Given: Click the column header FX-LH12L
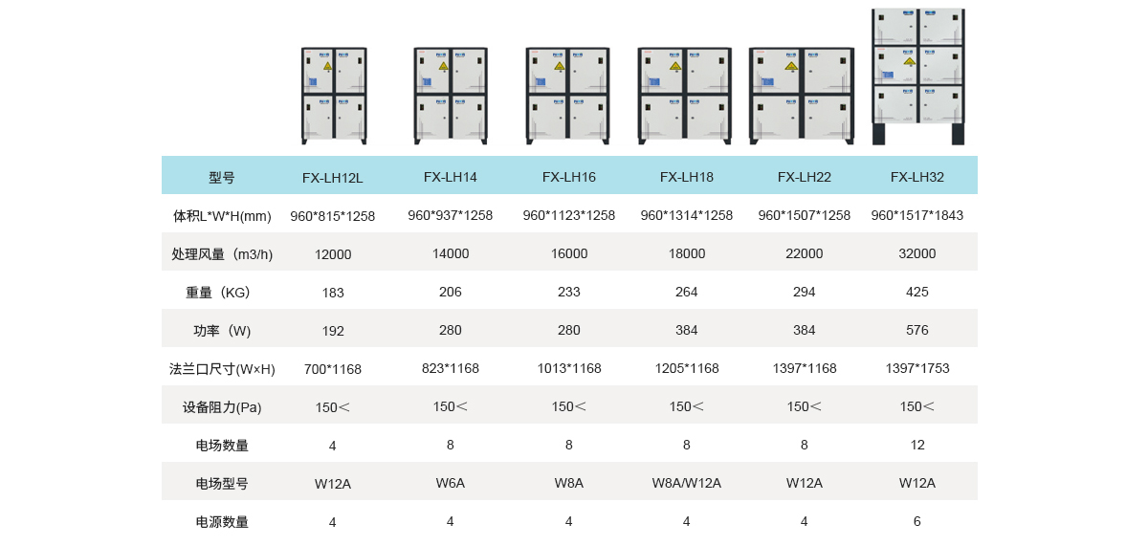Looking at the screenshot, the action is pyautogui.click(x=332, y=178).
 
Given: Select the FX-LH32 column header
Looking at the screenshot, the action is pyautogui.click(x=916, y=177).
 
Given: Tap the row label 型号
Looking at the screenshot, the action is pyautogui.click(x=221, y=178).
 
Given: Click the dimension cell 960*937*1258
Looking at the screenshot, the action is pyautogui.click(x=450, y=215).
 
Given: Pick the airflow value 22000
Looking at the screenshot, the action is pyautogui.click(x=805, y=253).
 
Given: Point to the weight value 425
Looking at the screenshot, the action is pyautogui.click(x=916, y=292).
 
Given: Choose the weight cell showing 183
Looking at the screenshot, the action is pyautogui.click(x=333, y=293).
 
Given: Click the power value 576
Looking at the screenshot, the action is pyautogui.click(x=916, y=330).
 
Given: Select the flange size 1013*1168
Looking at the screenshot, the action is pyautogui.click(x=569, y=368).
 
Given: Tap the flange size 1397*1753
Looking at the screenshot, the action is pyautogui.click(x=917, y=368).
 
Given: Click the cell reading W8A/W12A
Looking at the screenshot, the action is pyautogui.click(x=686, y=483).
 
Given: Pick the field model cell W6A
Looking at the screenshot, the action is pyautogui.click(x=450, y=483).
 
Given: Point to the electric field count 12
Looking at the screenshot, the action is pyautogui.click(x=917, y=445).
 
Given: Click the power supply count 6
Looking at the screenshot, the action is pyautogui.click(x=916, y=521).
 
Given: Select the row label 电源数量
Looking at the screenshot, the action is pyautogui.click(x=222, y=522).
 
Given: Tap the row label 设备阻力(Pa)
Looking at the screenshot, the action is pyautogui.click(x=222, y=407).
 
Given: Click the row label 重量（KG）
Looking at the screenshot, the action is pyautogui.click(x=217, y=293).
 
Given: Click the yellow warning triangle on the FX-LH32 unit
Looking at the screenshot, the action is pyautogui.click(x=909, y=62).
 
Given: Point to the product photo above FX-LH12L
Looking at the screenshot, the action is pyautogui.click(x=334, y=96).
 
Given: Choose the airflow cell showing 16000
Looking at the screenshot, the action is pyautogui.click(x=569, y=253).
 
